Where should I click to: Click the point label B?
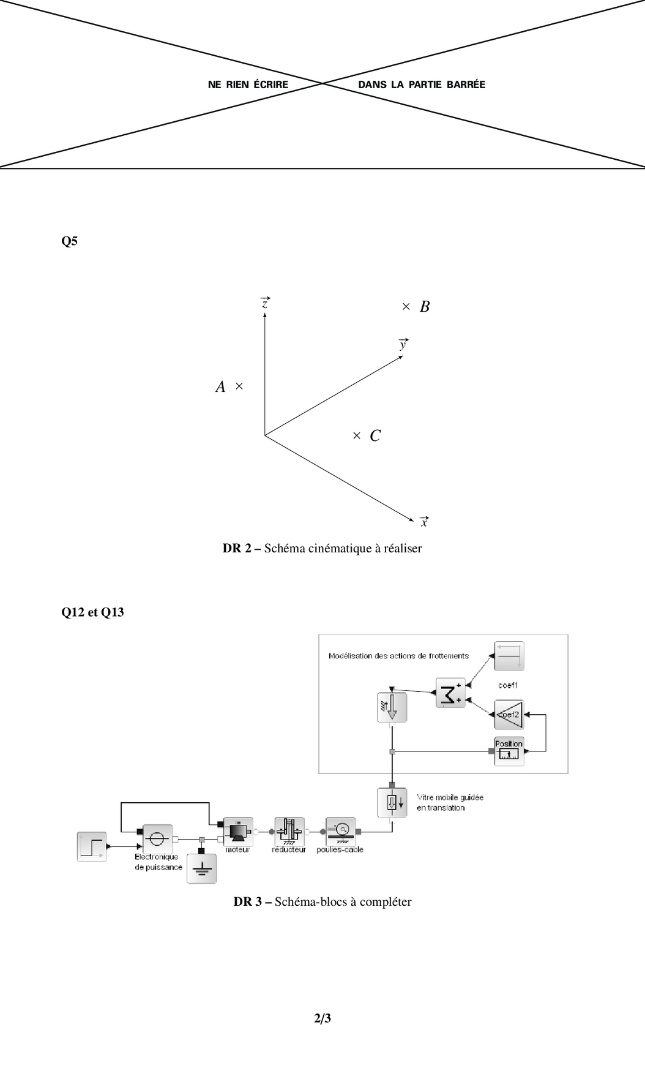pos(425,307)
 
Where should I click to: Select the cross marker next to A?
pos(239,386)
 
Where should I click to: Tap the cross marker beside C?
pos(357,435)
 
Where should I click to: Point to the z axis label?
pos(265,303)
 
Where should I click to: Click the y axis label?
pos(403,344)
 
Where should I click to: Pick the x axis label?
pos(424,522)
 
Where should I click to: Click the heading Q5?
pos(70,241)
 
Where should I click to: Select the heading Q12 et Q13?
pos(92,612)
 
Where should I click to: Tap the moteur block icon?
pos(237,831)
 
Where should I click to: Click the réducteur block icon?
pos(289,831)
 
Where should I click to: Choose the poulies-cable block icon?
pos(340,831)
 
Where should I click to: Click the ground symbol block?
pos(201,869)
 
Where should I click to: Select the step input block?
pos(92,846)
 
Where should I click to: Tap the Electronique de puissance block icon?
pos(157,838)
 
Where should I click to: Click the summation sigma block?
pos(450,693)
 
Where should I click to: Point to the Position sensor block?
pos(509,751)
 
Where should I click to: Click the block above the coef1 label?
pos(509,657)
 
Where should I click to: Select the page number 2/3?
pos(322,1018)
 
